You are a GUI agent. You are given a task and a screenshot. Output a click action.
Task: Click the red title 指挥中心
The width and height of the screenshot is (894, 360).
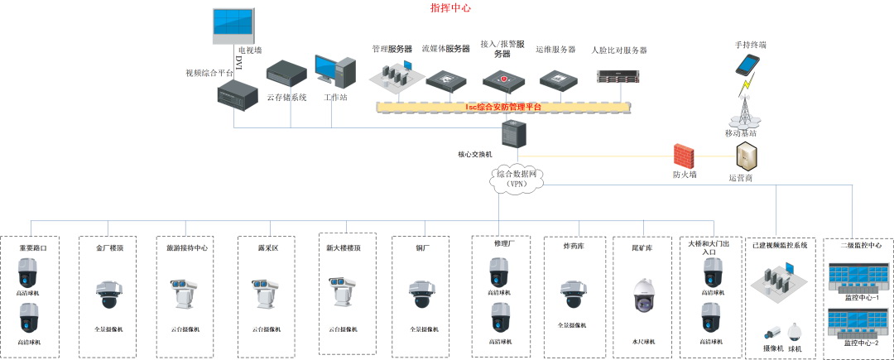point(451,8)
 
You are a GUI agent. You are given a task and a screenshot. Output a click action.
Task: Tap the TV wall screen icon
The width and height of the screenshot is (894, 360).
point(234,26)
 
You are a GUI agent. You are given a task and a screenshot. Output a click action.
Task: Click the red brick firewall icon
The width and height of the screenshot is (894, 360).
point(684,156)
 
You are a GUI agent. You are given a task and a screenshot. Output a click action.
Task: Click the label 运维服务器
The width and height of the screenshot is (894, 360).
point(555,50)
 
